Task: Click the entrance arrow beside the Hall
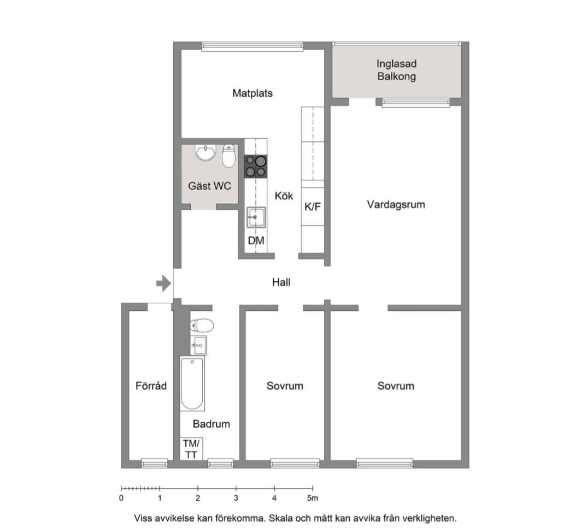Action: (x=164, y=283)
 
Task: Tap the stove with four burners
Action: (x=256, y=167)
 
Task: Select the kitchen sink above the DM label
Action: (x=256, y=217)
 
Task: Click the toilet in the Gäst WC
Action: (x=228, y=156)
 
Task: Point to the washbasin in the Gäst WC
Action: (x=205, y=152)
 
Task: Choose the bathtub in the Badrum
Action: (x=192, y=383)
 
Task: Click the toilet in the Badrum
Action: (x=202, y=326)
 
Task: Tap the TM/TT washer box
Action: (x=191, y=449)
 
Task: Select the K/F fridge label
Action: (x=313, y=206)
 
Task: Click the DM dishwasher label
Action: (x=256, y=240)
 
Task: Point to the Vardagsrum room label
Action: (x=396, y=205)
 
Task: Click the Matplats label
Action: (x=252, y=93)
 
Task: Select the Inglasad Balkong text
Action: (x=397, y=70)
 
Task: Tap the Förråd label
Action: (x=151, y=386)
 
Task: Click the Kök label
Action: (x=284, y=196)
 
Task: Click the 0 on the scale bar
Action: (x=121, y=498)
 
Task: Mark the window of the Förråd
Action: (x=155, y=463)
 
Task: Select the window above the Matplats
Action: (x=252, y=46)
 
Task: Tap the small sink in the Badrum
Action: (x=198, y=345)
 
